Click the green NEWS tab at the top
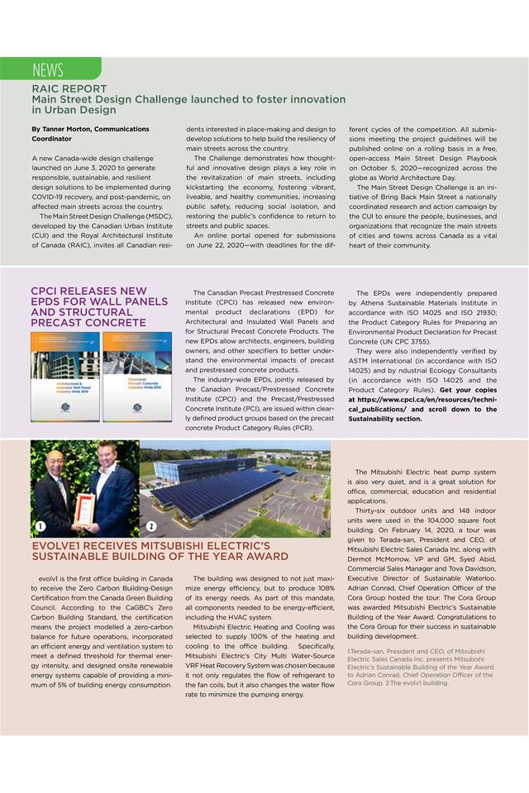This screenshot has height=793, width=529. (x=50, y=69)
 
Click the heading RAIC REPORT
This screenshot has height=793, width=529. (x=69, y=88)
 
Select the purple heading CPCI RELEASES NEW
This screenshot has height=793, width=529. (x=88, y=291)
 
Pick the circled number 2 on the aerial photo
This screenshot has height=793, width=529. (x=152, y=527)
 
